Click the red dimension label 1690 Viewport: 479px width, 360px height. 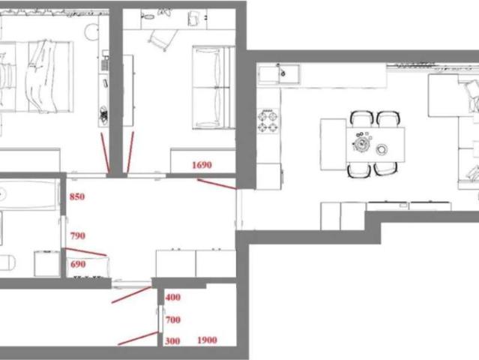click(202, 165)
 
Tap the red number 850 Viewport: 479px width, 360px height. click(77, 196)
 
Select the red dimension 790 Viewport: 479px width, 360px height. click(78, 236)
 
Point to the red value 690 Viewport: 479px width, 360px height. click(78, 264)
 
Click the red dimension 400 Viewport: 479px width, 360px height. click(173, 297)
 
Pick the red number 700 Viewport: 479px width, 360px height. click(173, 320)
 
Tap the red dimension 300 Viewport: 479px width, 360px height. click(172, 340)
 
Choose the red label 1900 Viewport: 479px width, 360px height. click(207, 340)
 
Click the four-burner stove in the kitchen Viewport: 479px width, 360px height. click(268, 121)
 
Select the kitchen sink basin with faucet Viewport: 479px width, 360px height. click(279, 74)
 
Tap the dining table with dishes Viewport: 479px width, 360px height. click(376, 145)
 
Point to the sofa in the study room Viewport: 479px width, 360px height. click(213, 88)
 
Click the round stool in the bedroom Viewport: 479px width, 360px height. click(91, 31)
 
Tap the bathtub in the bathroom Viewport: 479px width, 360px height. click(29, 195)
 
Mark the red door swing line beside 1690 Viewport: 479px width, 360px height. click(217, 184)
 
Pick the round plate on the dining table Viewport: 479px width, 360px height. click(382, 149)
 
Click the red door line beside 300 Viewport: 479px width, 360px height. click(138, 338)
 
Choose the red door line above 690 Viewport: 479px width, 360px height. click(86, 252)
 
